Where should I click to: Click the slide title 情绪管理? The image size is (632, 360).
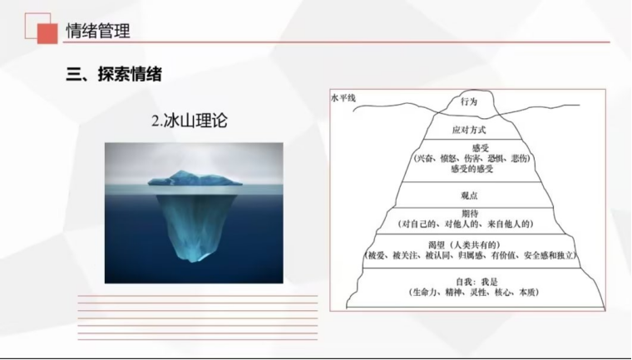click(x=98, y=31)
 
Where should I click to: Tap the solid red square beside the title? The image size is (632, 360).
click(x=47, y=33)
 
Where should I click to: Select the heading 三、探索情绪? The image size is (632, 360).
click(x=114, y=74)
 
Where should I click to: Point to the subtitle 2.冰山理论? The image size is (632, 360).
click(x=189, y=121)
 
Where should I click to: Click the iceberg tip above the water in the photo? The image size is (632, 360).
click(x=195, y=178)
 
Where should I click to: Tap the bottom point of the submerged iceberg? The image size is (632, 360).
click(x=195, y=261)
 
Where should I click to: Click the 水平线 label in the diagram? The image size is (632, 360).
click(x=343, y=98)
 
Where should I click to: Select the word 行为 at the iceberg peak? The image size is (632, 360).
click(x=469, y=101)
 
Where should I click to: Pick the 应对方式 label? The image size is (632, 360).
click(x=469, y=130)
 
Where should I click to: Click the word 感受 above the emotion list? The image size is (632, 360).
click(x=480, y=148)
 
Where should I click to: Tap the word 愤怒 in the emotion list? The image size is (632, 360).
click(x=447, y=159)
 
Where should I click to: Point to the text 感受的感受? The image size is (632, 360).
click(x=472, y=169)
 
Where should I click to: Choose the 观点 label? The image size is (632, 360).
click(x=469, y=195)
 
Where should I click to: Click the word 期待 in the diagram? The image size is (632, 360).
click(x=470, y=214)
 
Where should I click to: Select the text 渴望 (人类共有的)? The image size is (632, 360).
click(x=464, y=244)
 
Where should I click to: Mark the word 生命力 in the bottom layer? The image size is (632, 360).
click(x=425, y=293)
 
